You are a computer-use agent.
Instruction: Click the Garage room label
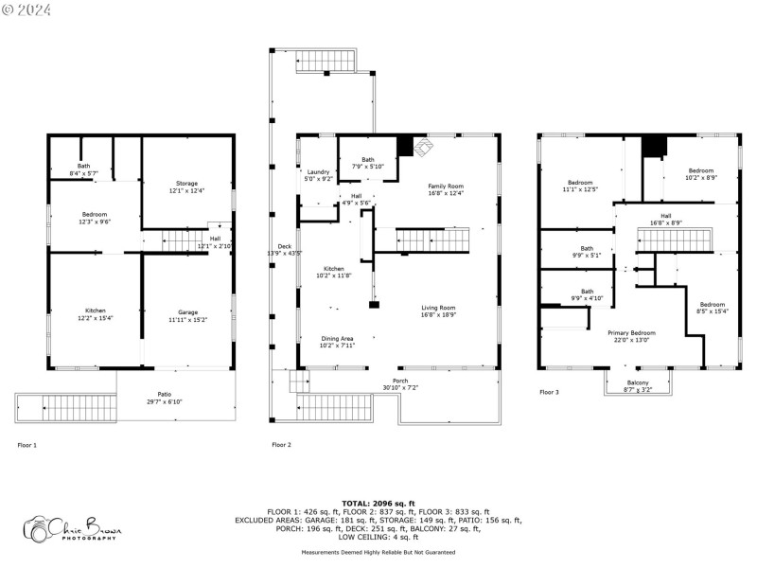(x=187, y=312)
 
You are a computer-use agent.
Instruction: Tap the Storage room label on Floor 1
(x=187, y=183)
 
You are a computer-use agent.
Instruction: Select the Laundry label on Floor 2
(x=319, y=171)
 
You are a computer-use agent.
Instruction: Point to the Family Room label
(x=446, y=186)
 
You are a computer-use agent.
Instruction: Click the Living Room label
(x=438, y=308)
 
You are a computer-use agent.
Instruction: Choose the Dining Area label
(x=337, y=338)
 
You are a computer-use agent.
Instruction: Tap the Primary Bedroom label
(x=631, y=333)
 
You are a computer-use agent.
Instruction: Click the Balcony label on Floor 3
(x=637, y=382)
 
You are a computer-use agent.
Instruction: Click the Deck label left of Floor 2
(x=285, y=247)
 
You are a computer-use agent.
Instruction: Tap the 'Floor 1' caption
(x=27, y=444)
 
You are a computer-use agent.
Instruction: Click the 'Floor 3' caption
(x=550, y=391)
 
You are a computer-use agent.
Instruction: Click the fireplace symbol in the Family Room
(x=422, y=147)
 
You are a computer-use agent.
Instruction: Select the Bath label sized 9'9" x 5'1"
(x=588, y=249)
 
